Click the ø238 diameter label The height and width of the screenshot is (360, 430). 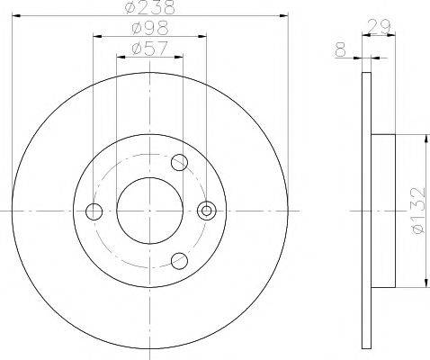(150, 8)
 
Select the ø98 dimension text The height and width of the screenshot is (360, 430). (150, 28)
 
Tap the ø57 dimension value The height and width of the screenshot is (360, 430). (149, 48)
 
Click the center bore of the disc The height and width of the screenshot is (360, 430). (149, 211)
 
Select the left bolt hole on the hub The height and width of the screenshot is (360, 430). (93, 211)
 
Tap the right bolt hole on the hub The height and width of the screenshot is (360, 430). (207, 211)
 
